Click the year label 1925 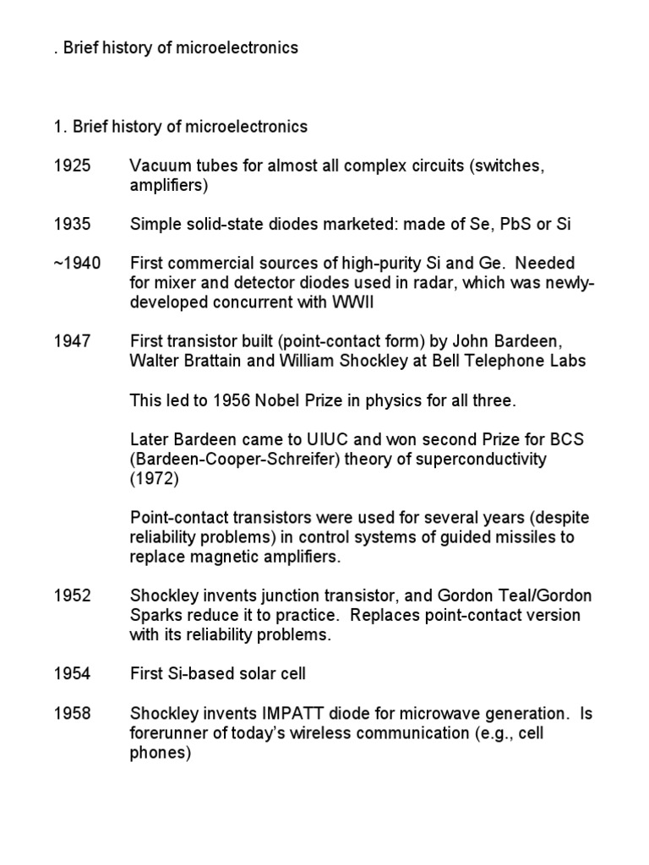click(x=72, y=166)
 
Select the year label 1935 click(x=72, y=224)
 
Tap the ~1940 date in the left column click(x=77, y=264)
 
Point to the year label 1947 click(x=72, y=341)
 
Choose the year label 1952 click(x=72, y=596)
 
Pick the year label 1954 click(x=72, y=674)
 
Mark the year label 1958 click(x=72, y=714)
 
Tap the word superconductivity click(x=478, y=460)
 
